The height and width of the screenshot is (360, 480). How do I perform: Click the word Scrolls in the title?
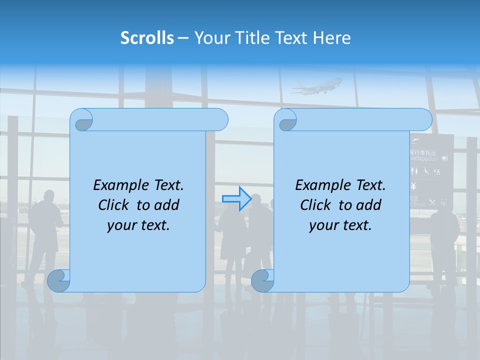point(147,38)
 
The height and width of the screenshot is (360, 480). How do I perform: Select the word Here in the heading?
point(332,38)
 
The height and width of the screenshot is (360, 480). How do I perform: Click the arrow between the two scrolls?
point(236,198)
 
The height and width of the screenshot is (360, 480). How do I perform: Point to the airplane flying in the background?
point(316,86)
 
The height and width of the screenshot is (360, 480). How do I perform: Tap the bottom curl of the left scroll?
point(59,280)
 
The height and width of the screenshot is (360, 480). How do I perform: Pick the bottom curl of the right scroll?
point(262,280)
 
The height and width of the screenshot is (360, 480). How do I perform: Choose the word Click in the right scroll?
point(316,205)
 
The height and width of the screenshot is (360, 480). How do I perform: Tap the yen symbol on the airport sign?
point(413,187)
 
